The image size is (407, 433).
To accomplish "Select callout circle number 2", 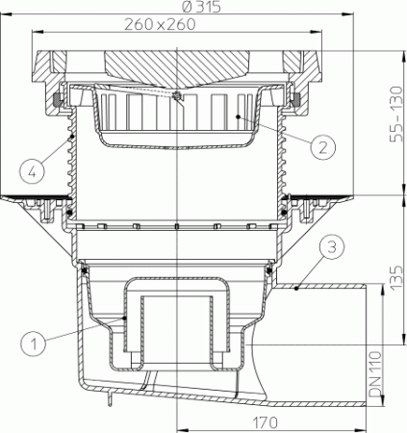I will click(324, 146).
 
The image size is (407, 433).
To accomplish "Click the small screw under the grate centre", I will click(178, 96).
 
